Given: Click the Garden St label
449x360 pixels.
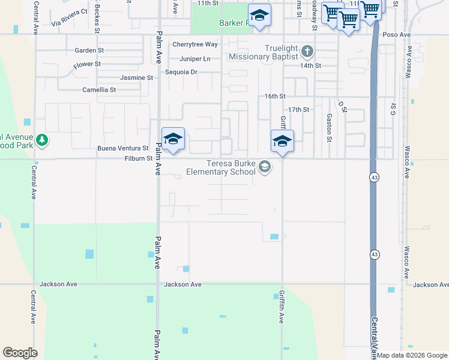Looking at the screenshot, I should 89,51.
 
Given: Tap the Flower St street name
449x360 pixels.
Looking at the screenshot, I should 87,64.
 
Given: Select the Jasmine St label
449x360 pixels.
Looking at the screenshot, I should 136,78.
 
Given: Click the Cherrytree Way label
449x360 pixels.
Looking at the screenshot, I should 194,44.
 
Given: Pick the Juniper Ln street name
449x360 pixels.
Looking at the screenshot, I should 194,59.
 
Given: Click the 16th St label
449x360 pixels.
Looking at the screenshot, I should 275,96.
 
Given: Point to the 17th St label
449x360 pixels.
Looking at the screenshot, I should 298,110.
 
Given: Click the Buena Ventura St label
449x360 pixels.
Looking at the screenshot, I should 123,148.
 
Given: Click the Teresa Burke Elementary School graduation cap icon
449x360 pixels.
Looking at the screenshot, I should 265,167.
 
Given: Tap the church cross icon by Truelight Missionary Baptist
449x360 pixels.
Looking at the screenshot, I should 307,50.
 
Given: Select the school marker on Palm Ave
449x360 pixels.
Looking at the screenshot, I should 173,139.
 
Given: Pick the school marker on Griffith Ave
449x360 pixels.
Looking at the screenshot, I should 282,142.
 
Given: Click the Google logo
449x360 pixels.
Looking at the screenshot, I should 20,353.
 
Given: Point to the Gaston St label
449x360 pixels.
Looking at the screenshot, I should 329,124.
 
